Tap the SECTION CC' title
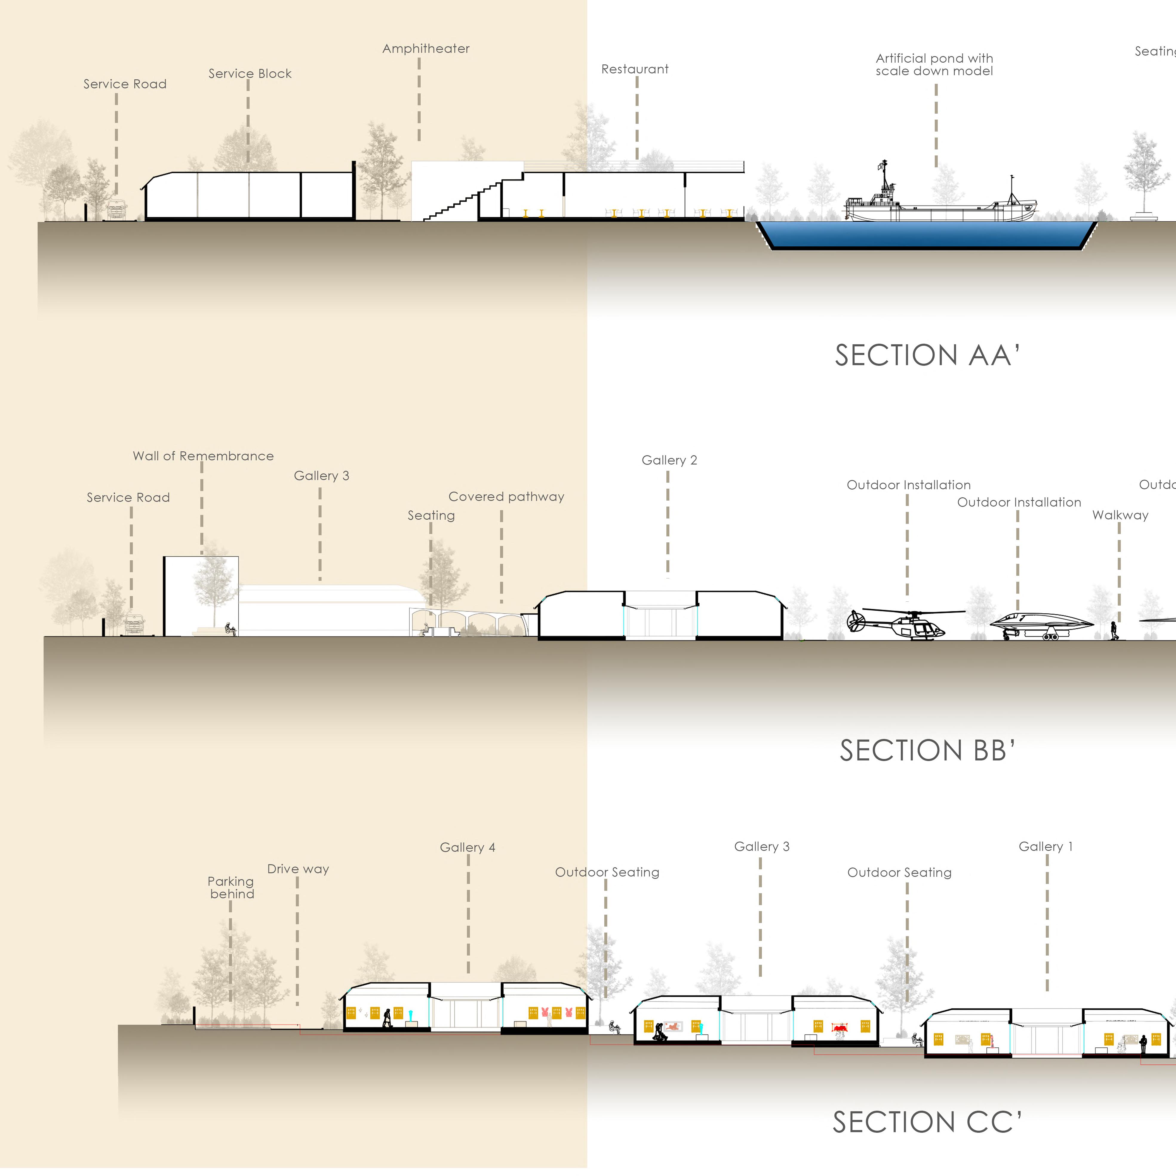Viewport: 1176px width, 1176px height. [927, 1122]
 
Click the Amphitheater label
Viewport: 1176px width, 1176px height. [426, 49]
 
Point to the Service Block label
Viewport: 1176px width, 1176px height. [250, 74]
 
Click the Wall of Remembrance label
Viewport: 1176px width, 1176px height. [203, 456]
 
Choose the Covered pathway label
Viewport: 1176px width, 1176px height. [506, 497]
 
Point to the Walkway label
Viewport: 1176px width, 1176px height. [1120, 515]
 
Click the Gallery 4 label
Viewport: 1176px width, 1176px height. [467, 847]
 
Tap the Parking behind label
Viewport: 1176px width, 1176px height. [231, 888]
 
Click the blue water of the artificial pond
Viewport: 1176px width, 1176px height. [926, 234]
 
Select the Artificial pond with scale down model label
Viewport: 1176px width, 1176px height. [934, 64]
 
